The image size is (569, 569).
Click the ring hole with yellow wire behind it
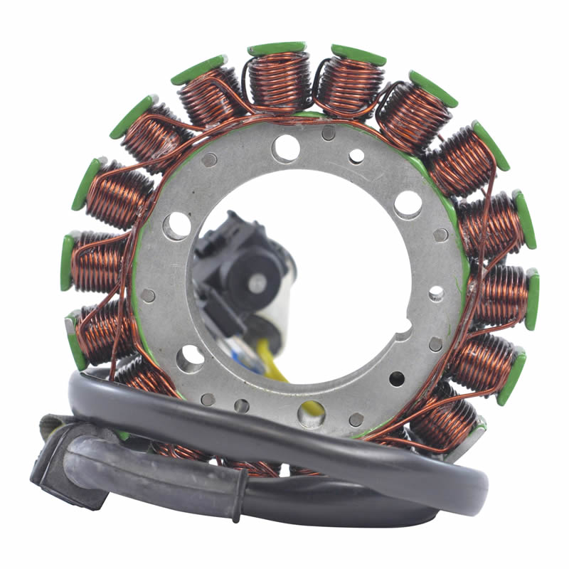(312, 413)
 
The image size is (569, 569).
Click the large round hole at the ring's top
(286, 148)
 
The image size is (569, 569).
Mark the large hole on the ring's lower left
(190, 358)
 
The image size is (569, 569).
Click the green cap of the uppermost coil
(277, 48)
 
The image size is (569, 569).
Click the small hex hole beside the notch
(435, 344)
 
